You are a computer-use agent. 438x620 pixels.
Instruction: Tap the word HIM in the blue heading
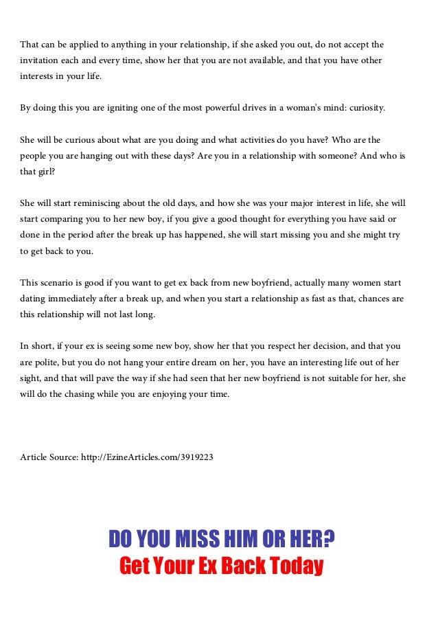point(242,540)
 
